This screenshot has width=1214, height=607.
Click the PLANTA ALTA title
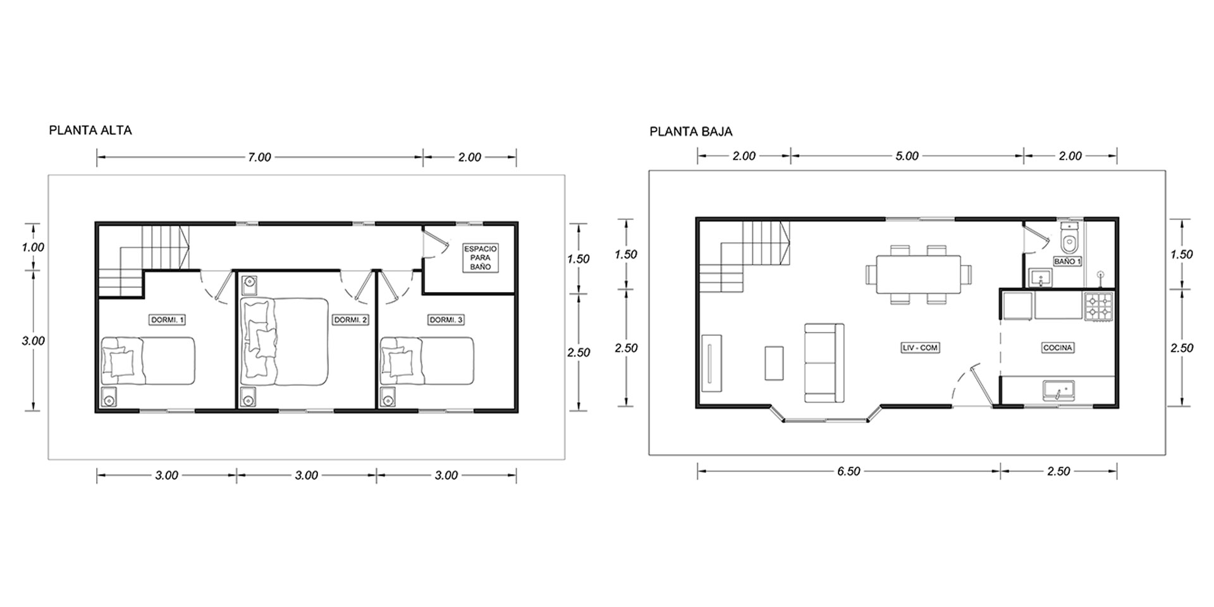[x=90, y=131]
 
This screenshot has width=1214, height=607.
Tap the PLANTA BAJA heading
[x=691, y=132]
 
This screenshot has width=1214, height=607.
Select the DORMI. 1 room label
[x=168, y=320]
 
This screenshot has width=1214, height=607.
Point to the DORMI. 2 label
[x=350, y=321]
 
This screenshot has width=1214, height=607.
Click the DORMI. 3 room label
[x=446, y=320]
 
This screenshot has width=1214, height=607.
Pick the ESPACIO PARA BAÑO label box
[x=481, y=258]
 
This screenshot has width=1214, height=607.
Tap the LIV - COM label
[x=920, y=348]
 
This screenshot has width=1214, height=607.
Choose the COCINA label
[x=1058, y=348]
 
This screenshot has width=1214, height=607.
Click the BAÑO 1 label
[x=1067, y=261]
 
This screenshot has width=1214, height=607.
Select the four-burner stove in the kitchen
[x=1098, y=307]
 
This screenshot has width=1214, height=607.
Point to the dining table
[x=918, y=274]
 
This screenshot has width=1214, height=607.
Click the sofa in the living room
[x=825, y=363]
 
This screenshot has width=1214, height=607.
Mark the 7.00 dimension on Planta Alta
[x=259, y=157]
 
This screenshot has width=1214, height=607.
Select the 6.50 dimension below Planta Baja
[x=849, y=472]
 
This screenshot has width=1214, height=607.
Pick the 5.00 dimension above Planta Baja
[x=907, y=156]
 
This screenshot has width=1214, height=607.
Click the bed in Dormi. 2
[x=285, y=341]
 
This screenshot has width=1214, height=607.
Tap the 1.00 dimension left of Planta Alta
[x=33, y=247]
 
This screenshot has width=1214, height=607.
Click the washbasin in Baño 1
[x=1040, y=278]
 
